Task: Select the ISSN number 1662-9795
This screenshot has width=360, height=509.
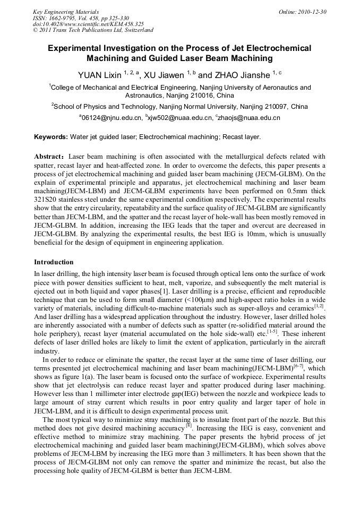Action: point(64,18)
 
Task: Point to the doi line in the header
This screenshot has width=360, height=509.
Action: point(88,24)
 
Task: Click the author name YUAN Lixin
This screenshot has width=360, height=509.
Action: point(100,75)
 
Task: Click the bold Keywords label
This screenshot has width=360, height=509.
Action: point(51,137)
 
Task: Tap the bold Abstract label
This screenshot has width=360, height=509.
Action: point(49,157)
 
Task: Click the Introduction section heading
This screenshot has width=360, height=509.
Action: point(54,262)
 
